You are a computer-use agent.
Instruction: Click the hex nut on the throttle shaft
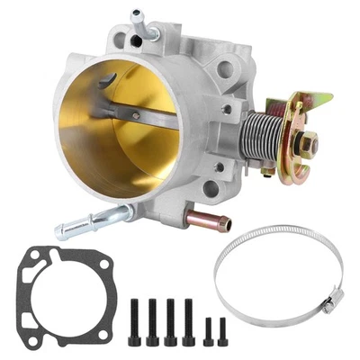(x=309, y=142)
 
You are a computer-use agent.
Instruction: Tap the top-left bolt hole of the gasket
(x=37, y=262)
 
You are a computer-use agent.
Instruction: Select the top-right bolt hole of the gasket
(x=100, y=261)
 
